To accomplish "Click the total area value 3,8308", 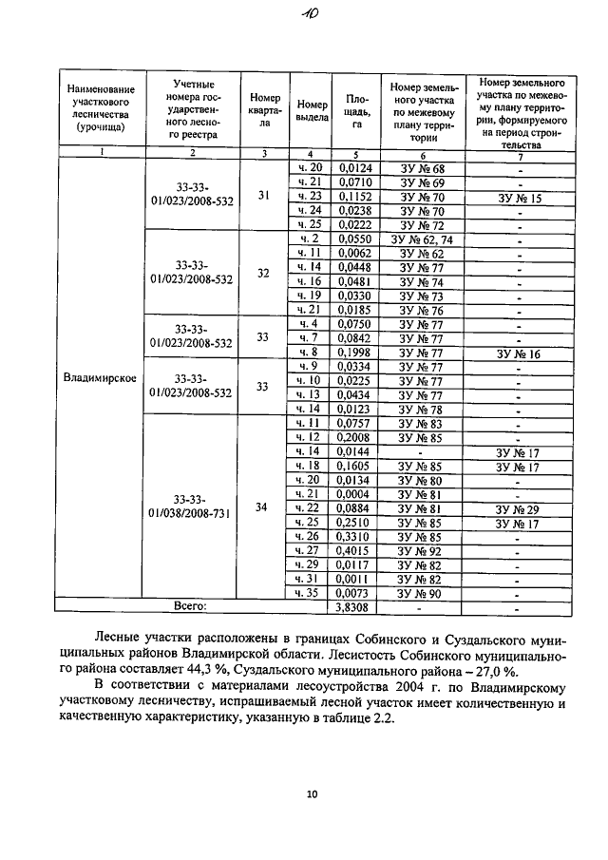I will point(357,605).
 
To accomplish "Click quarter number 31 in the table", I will point(264,196).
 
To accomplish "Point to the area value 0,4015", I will point(357,549).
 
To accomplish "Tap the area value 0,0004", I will point(357,494).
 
